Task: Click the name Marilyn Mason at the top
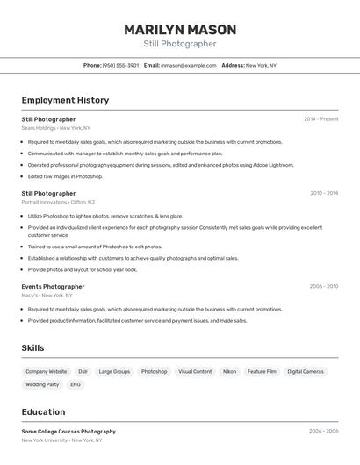click(179, 29)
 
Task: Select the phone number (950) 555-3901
click(120, 65)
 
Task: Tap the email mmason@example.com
click(189, 65)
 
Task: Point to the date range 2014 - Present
click(320, 118)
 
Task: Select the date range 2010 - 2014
click(323, 193)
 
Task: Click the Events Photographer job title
click(53, 286)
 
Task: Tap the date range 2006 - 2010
click(323, 286)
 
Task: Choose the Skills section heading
click(32, 348)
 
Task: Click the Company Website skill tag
click(46, 372)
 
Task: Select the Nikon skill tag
click(229, 372)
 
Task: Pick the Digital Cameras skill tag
click(306, 372)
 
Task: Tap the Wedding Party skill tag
click(42, 384)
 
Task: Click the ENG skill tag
click(76, 384)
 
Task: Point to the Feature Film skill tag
click(262, 372)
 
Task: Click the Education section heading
click(43, 412)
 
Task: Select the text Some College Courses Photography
click(68, 432)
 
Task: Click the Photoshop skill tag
click(154, 372)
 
